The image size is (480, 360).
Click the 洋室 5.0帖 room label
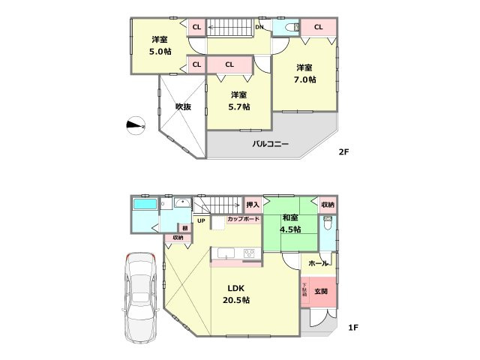pos(159,46)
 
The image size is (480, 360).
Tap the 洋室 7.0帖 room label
pos(304,73)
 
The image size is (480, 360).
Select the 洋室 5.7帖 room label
pos(239,100)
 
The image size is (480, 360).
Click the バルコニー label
pos(271,143)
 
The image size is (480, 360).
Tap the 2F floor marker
pos(344,152)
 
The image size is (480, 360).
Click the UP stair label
pos(201,220)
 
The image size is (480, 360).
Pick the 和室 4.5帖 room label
pos(291,223)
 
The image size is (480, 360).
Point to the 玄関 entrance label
pos(320,291)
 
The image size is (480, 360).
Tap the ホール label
pos(317,263)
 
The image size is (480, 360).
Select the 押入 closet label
pos(253,204)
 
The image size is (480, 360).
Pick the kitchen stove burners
pos(248,253)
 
